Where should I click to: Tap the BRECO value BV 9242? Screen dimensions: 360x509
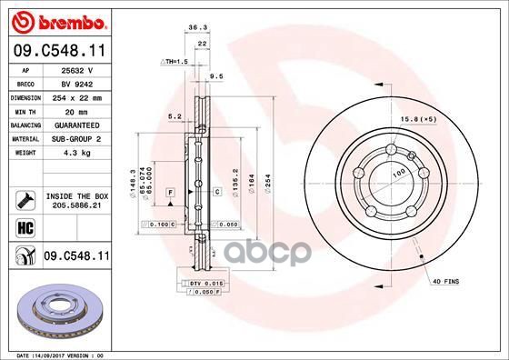coord(73,82)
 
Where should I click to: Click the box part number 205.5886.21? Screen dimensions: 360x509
coord(75,206)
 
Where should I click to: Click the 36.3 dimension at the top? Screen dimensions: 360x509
coord(193,29)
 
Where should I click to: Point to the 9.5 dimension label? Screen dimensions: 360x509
coord(216,77)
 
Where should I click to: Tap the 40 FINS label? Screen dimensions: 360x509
coord(445,283)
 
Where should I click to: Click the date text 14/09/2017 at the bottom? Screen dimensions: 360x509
coord(57,355)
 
